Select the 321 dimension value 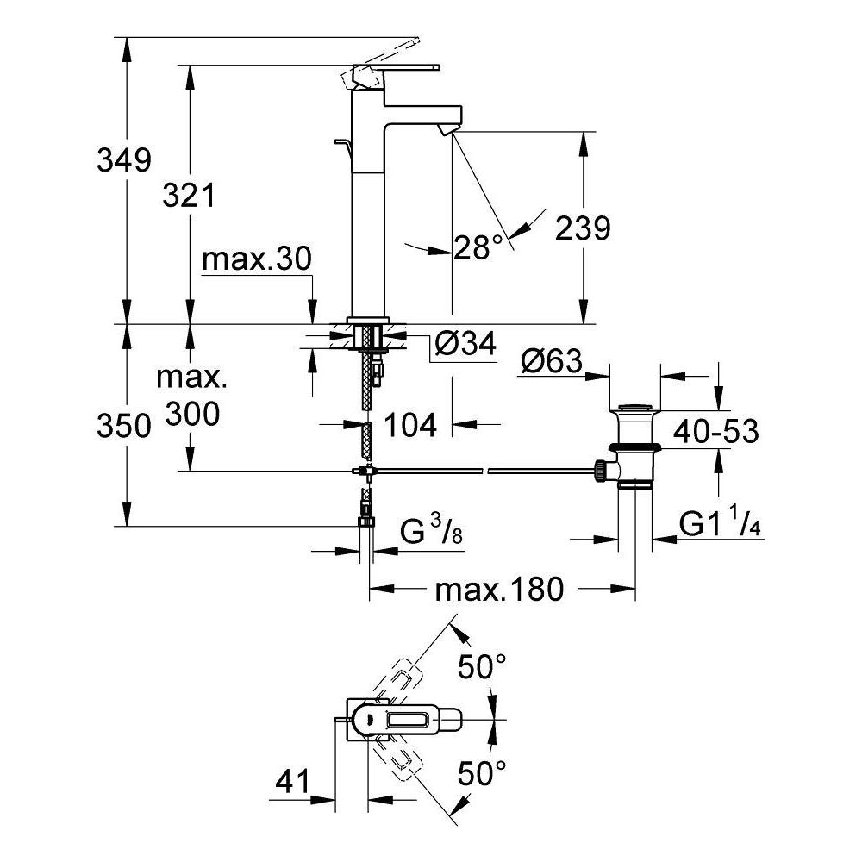[189, 197]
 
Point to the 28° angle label [478, 248]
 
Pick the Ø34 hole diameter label [465, 345]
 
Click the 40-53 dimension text [715, 431]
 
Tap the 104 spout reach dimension [409, 424]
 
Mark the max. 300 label [189, 396]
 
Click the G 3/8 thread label [432, 534]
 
